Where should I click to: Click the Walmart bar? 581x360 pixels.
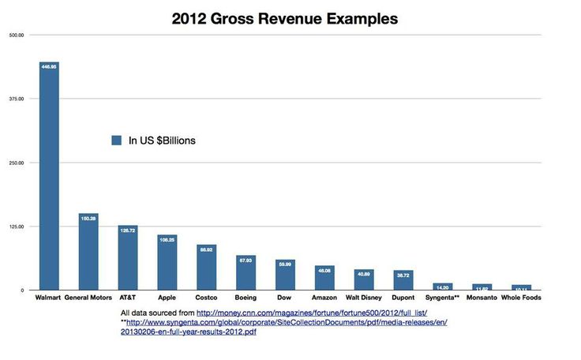[x=50, y=178]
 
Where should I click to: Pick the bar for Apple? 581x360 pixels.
[x=167, y=263]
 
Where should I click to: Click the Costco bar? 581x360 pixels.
[x=207, y=268]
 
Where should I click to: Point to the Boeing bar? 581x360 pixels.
[x=246, y=273]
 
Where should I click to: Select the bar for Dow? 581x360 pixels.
[x=285, y=276]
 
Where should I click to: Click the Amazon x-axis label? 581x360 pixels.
[x=324, y=298]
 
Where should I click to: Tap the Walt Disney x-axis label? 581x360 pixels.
[x=364, y=298]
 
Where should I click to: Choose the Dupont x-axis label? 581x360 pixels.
[x=403, y=298]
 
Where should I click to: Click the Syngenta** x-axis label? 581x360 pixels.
[x=443, y=298]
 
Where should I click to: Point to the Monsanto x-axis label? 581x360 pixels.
[x=482, y=298]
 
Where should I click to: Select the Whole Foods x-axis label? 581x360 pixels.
[x=522, y=298]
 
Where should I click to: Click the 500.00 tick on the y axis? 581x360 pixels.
[x=17, y=35]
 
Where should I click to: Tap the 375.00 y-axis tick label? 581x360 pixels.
[x=17, y=99]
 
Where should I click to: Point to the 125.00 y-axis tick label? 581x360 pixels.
[x=17, y=227]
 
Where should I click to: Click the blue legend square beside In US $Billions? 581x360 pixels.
[x=116, y=141]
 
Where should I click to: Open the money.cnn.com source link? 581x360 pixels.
[x=312, y=313]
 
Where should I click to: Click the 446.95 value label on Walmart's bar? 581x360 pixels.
[x=50, y=68]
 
